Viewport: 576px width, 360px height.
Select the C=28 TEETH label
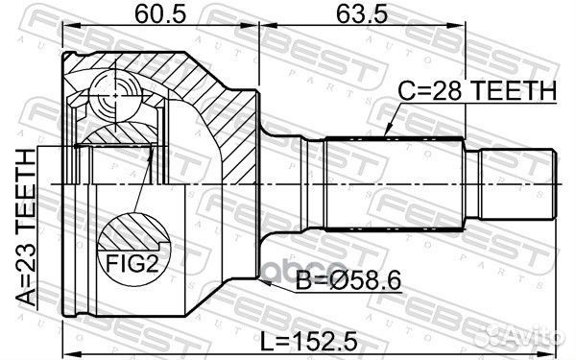(x=477, y=91)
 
